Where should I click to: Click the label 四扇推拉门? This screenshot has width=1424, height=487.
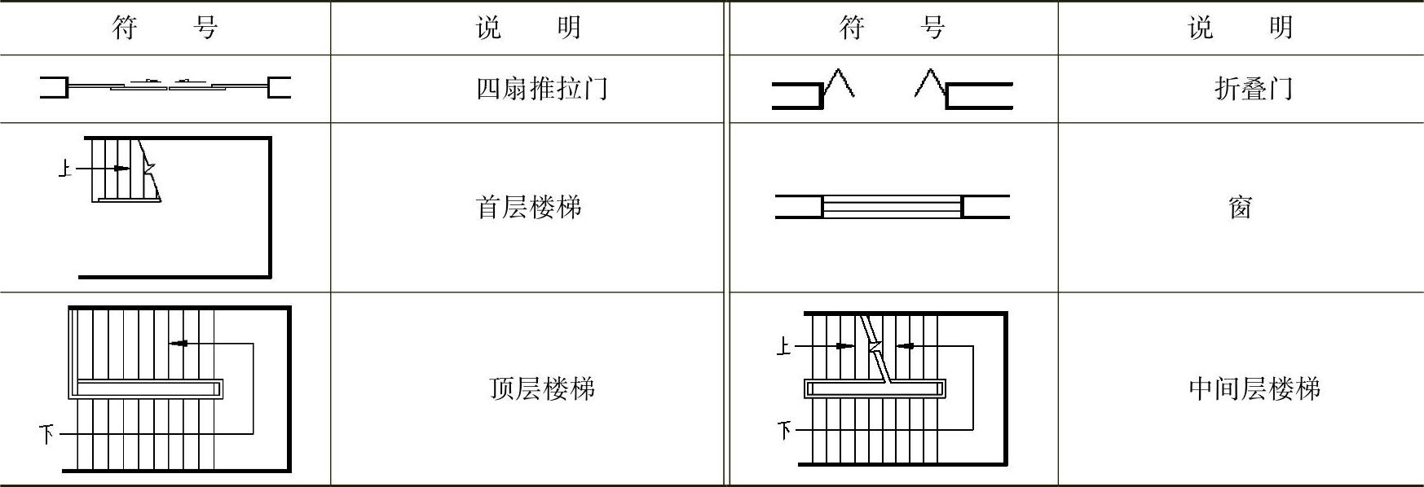542,88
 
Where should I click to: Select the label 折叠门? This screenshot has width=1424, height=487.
1254,88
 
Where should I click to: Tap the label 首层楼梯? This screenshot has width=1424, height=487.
528,207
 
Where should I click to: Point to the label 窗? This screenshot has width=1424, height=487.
1240,208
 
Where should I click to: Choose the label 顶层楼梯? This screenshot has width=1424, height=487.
542,388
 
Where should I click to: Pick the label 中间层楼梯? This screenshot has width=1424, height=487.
1254,388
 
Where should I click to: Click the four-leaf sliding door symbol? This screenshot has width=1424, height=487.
165,86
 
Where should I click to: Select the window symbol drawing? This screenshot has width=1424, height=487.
892,206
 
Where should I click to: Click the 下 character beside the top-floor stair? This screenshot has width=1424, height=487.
46,433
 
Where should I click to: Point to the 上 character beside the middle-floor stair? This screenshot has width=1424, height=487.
783,347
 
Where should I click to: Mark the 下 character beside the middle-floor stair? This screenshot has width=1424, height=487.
784,429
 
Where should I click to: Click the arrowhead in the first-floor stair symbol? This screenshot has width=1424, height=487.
122,169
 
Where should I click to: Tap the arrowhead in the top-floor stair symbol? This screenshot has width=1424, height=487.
179,344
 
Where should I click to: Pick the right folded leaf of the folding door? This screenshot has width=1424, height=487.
931,85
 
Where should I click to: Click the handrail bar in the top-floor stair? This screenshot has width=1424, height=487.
148,388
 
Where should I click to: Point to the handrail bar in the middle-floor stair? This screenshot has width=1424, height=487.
875,388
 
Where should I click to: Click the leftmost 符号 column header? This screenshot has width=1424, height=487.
165,28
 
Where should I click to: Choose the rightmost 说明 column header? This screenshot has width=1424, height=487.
1240,28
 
